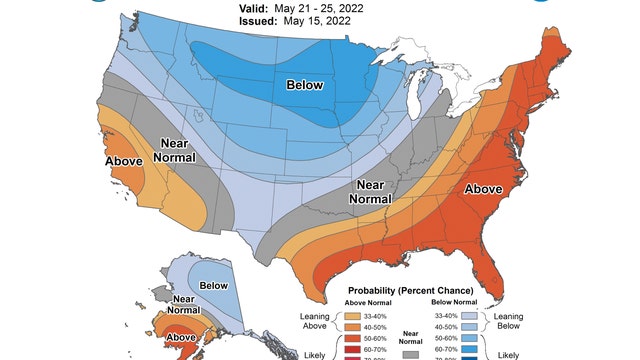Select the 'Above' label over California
click(124, 160)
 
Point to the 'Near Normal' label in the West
click(176, 151)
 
